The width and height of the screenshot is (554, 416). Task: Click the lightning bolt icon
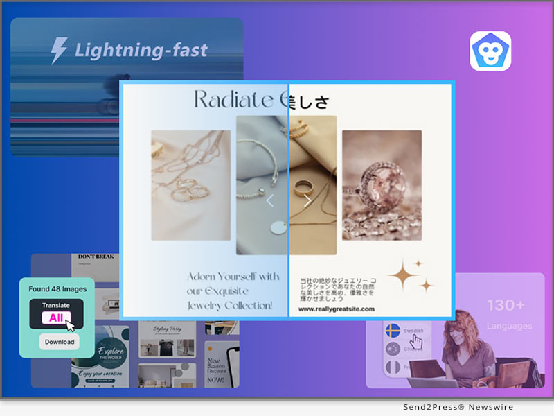tap(60, 50)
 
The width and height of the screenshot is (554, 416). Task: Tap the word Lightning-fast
tap(141, 50)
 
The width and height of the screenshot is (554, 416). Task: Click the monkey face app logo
tap(490, 51)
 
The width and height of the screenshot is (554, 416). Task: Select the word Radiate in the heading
tap(233, 100)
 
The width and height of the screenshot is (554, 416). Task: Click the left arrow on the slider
tap(270, 201)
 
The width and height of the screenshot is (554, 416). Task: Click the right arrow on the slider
tap(307, 201)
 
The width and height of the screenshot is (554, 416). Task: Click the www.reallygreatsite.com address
tap(337, 309)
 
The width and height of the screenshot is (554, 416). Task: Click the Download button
tap(59, 342)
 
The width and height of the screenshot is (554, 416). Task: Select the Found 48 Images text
tap(57, 288)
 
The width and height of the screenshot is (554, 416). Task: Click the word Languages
tap(509, 326)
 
